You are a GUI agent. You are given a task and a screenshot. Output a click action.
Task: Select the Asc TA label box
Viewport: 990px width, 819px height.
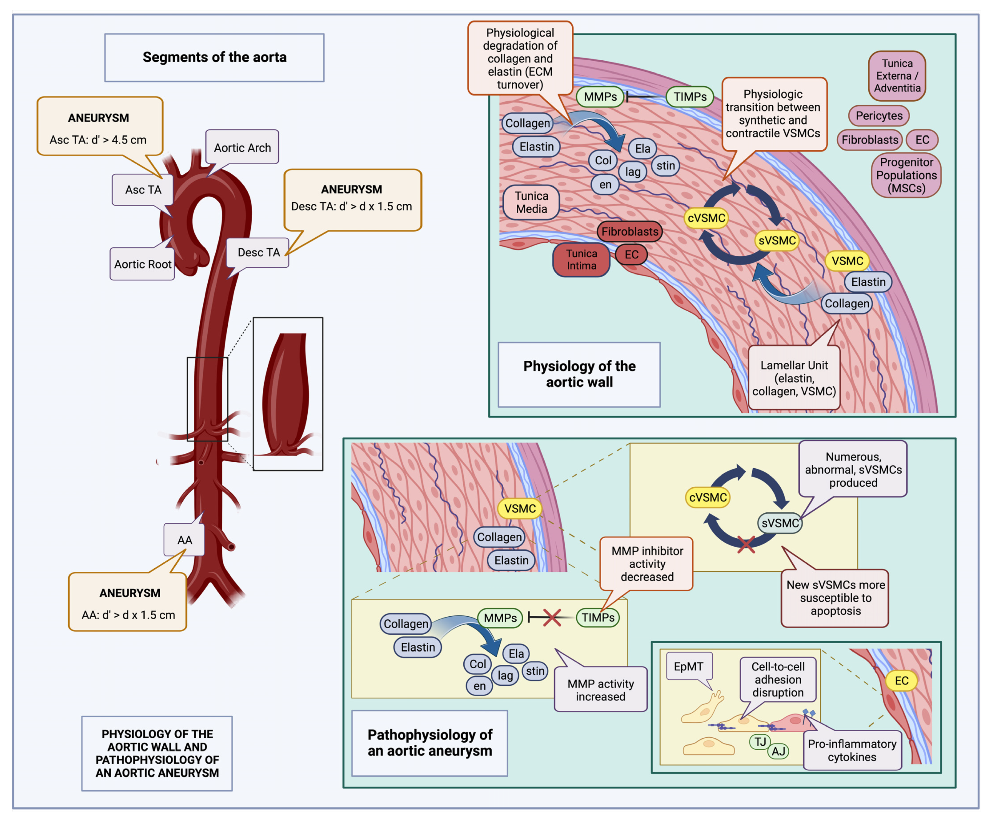[x=143, y=190]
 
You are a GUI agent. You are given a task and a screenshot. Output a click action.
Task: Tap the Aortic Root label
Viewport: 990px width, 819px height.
[x=142, y=264]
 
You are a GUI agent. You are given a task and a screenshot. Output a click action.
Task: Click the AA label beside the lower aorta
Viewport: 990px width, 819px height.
[x=184, y=540]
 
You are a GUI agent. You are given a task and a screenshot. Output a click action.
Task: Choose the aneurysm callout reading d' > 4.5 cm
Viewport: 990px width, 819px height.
[x=100, y=126]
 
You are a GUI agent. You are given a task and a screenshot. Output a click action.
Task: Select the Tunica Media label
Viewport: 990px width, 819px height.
[x=531, y=202]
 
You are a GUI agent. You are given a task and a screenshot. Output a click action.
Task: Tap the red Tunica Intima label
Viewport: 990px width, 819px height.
[x=581, y=259]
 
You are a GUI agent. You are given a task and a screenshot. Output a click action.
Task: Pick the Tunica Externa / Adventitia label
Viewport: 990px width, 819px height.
[x=897, y=76]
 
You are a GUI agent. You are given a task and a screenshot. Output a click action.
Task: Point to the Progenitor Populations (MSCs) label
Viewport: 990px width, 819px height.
[x=906, y=175]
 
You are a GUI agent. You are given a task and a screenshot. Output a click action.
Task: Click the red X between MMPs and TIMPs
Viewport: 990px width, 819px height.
[x=552, y=617]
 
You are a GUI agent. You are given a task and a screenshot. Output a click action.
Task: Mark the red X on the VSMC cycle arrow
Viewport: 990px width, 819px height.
[x=746, y=545]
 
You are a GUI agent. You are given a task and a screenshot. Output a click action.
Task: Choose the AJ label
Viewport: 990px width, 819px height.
[x=778, y=751]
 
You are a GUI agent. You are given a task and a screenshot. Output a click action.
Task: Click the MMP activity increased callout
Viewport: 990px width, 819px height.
[x=600, y=690]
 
